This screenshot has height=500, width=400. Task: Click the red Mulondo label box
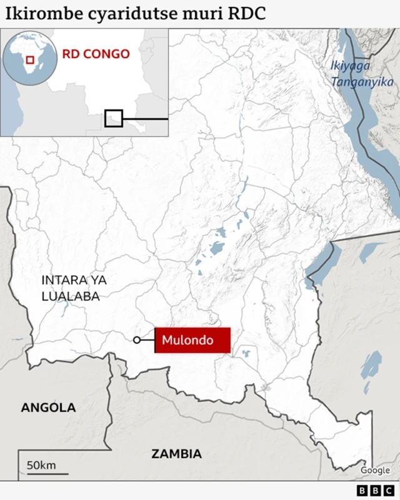(x=192, y=341)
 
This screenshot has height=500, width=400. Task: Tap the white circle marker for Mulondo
(x=137, y=340)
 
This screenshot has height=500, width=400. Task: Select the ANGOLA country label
(x=48, y=407)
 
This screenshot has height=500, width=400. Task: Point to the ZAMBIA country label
(x=176, y=454)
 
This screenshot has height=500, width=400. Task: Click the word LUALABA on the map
(x=71, y=296)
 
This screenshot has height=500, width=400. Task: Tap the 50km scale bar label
(x=41, y=465)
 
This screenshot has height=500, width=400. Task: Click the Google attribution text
(x=375, y=470)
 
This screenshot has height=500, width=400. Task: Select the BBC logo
(x=373, y=491)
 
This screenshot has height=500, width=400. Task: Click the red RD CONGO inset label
(x=96, y=54)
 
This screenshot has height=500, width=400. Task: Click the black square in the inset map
(x=114, y=118)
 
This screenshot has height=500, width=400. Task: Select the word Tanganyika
(x=362, y=82)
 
